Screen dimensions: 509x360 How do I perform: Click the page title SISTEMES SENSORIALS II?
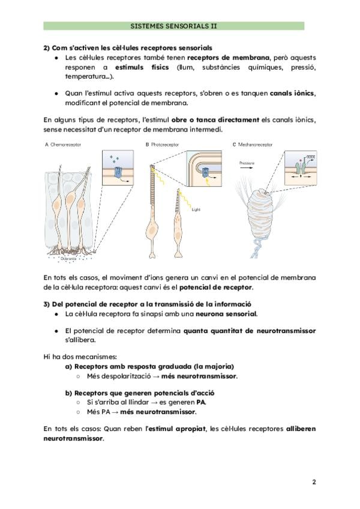(174, 26)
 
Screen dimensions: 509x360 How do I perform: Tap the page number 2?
(313, 482)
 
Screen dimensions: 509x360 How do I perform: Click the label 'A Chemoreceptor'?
(63, 145)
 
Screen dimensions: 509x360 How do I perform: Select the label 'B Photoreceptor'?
(163, 145)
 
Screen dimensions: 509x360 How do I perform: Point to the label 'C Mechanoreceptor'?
(253, 145)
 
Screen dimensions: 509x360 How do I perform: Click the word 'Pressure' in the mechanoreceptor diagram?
(247, 163)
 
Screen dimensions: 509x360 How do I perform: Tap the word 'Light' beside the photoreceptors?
(194, 211)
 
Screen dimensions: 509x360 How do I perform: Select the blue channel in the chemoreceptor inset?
(118, 172)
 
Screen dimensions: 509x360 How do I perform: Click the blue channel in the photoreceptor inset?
(208, 172)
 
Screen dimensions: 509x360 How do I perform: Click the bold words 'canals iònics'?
(292, 94)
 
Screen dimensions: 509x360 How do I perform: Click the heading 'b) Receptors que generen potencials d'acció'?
(139, 393)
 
